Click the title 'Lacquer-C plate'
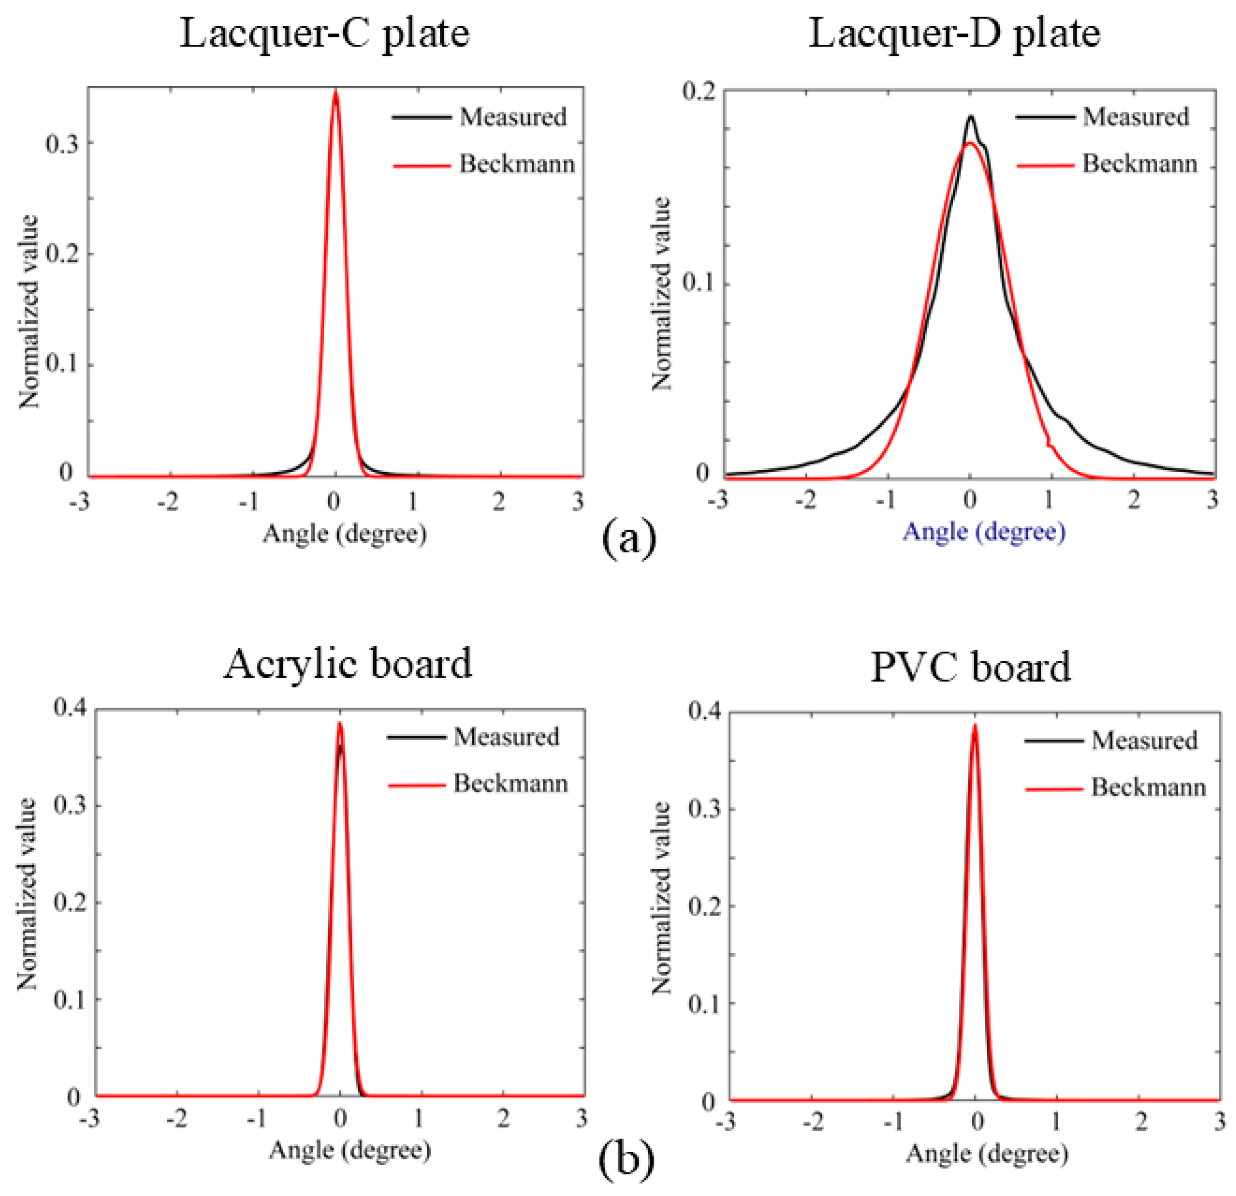[x=325, y=33]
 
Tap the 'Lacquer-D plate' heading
[x=954, y=33]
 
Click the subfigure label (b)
[x=626, y=1158]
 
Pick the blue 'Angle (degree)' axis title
[x=984, y=532]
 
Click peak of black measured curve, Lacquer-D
[x=970, y=117]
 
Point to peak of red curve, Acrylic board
[x=340, y=723]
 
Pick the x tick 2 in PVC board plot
[x=1140, y=1121]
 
